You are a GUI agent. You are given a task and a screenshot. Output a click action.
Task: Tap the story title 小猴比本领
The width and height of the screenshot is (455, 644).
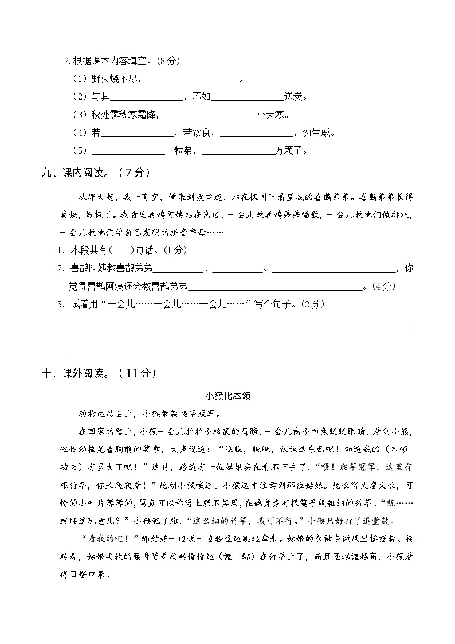(x=227, y=396)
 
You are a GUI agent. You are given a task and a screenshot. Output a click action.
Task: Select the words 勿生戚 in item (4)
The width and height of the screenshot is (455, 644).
(x=316, y=133)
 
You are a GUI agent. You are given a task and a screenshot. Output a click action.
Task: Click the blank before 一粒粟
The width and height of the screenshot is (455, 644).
(x=128, y=151)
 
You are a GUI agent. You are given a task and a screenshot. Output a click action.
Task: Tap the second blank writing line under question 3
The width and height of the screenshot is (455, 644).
(x=238, y=348)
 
